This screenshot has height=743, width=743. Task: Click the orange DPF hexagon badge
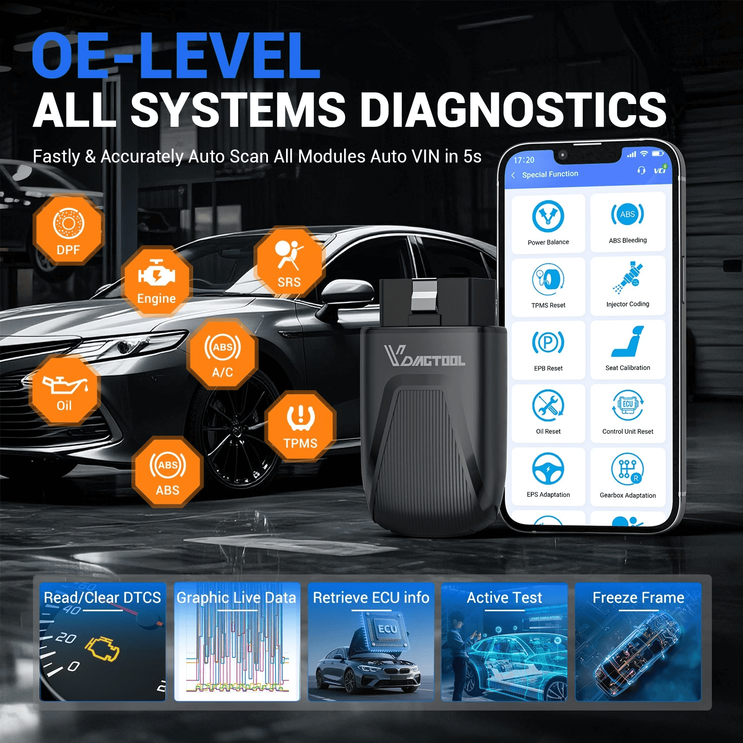tap(68, 230)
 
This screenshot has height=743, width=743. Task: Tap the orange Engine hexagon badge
tap(156, 281)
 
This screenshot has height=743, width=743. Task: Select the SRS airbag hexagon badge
tap(289, 262)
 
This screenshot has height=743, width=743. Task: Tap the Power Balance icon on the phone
tap(548, 216)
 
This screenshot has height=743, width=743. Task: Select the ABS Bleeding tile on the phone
tap(628, 222)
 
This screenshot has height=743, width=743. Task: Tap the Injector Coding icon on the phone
tap(627, 277)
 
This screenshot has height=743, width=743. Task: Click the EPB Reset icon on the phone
tap(548, 343)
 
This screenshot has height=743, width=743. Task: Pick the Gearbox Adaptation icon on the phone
tap(628, 469)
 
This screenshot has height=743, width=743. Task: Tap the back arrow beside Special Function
tap(513, 175)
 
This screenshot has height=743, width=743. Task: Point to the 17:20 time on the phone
tap(524, 160)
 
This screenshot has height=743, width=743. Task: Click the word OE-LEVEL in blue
tap(176, 55)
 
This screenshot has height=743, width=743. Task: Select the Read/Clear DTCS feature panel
tap(103, 642)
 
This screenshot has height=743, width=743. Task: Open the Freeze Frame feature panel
tap(638, 642)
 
